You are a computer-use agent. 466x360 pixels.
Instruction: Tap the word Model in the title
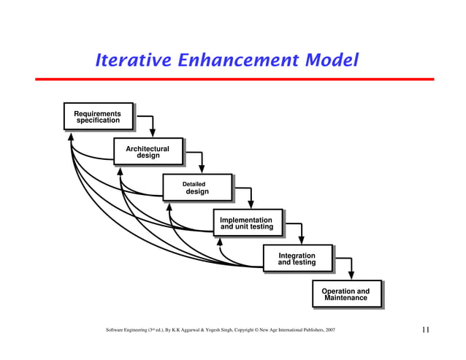coord(332,60)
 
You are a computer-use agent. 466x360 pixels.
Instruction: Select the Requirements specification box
coord(98,116)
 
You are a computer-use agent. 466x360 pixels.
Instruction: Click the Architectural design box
coord(148,152)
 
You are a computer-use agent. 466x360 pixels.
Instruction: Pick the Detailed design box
coord(196,188)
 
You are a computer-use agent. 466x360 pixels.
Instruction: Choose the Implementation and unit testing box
coord(247,223)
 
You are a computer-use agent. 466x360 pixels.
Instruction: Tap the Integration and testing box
coord(297,258)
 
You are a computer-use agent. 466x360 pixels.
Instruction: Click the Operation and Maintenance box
coord(346,294)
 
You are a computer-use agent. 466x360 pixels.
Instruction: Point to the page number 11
coord(426,331)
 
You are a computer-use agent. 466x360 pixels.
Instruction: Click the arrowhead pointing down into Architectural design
coord(152,133)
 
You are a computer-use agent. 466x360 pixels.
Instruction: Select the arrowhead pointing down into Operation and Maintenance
coord(353,275)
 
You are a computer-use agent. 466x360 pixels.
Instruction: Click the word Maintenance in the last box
coord(346,299)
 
